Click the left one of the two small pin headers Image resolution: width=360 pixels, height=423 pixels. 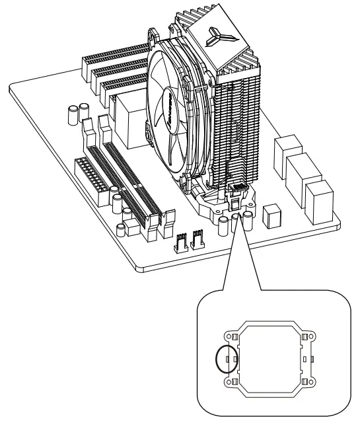180,243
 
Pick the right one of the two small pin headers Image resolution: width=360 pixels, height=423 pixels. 196,241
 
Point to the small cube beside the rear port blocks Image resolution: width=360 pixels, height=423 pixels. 271,215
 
